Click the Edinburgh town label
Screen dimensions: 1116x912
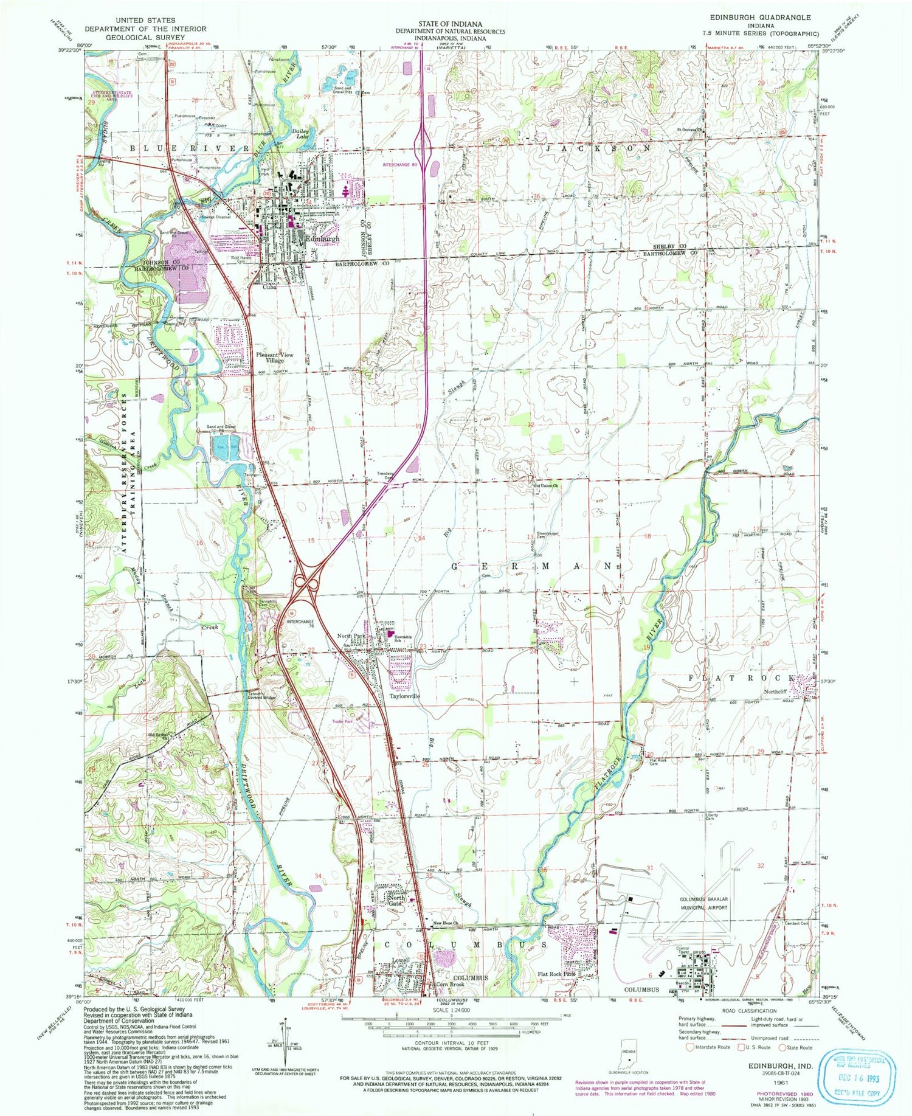point(322,239)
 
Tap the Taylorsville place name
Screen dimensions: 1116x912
point(404,696)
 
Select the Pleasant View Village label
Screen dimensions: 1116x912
point(275,358)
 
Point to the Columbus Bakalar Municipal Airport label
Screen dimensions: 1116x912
point(703,903)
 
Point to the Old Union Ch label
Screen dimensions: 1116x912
point(546,485)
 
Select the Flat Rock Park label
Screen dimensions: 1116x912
point(556,973)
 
